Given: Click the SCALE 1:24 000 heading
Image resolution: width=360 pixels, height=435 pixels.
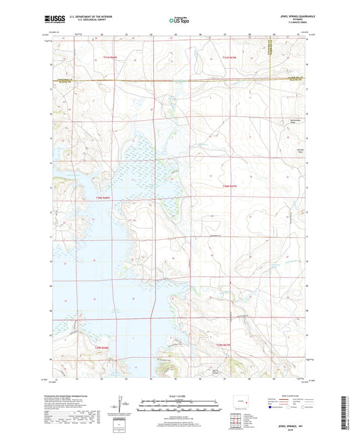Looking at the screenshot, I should pyautogui.click(x=179, y=394).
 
